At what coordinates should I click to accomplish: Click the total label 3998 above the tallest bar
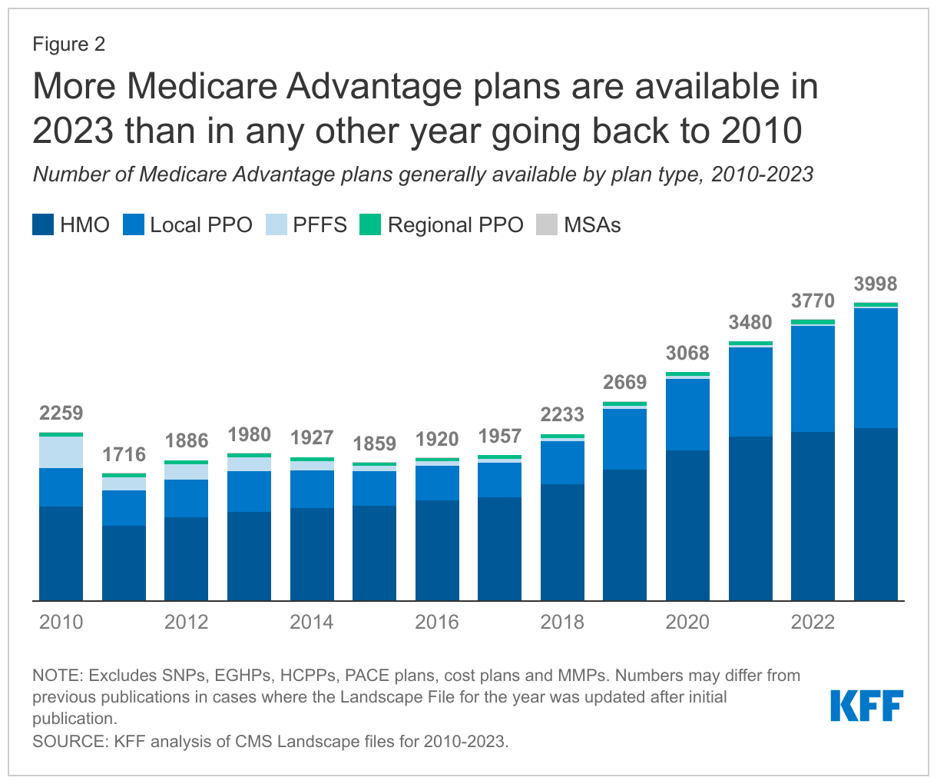(876, 284)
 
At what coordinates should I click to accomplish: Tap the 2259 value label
(61, 413)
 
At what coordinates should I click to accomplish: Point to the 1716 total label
(124, 454)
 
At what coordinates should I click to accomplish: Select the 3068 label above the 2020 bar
(687, 353)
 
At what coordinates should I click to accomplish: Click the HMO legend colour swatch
(43, 225)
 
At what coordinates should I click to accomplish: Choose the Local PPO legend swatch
(133, 225)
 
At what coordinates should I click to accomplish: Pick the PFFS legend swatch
(276, 225)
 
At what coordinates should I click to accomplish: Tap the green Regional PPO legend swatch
(370, 225)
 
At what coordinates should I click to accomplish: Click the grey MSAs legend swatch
(547, 225)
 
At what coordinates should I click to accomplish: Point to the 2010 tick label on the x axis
(61, 622)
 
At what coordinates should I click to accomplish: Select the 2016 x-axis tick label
(437, 622)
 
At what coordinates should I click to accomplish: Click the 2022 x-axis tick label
(813, 622)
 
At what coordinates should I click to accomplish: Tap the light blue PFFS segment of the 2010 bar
(61, 452)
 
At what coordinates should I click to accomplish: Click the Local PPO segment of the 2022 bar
(813, 379)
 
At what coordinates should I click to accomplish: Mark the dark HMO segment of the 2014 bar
(312, 553)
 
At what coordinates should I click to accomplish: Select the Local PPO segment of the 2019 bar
(625, 439)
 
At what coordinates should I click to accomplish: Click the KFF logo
(866, 706)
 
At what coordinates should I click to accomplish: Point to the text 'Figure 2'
(69, 44)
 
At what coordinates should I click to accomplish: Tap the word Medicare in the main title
(201, 87)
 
